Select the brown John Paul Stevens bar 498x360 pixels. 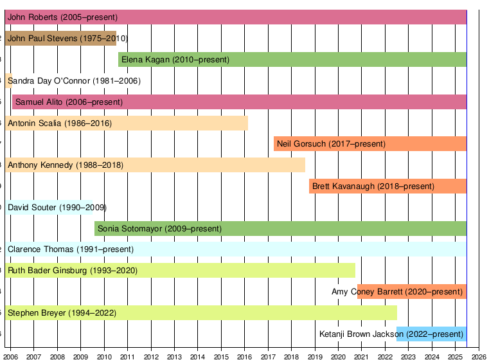[61, 39]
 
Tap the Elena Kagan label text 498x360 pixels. [175, 60]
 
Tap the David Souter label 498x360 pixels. [57, 208]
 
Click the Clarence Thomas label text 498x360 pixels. [71, 249]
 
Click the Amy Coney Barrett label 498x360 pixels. [397, 292]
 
